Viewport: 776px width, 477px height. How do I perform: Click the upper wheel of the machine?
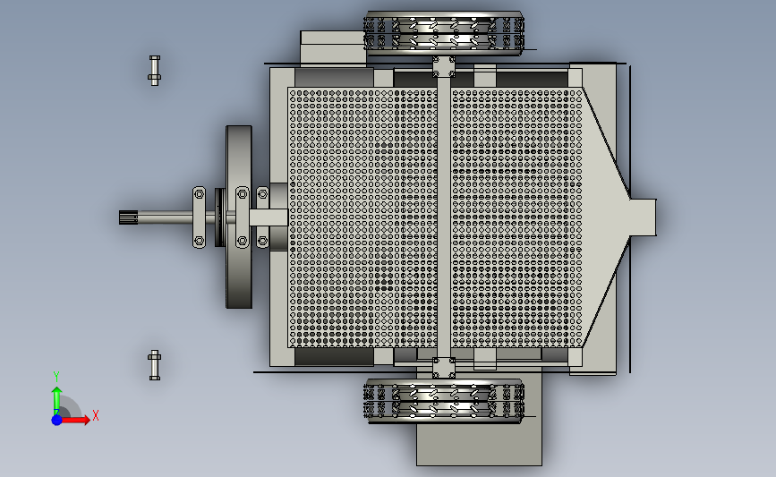443,32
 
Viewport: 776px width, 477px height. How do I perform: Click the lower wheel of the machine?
443,401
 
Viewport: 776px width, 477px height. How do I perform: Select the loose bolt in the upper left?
155,71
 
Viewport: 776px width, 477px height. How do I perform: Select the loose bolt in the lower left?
155,365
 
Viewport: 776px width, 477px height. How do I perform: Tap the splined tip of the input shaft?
129,217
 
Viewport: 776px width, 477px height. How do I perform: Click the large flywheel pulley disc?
239,217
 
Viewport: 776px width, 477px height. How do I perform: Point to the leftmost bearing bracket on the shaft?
199,217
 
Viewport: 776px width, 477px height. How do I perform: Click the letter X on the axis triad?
96,415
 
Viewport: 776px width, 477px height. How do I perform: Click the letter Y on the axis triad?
56,377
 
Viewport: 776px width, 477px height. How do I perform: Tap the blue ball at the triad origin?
57,420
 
